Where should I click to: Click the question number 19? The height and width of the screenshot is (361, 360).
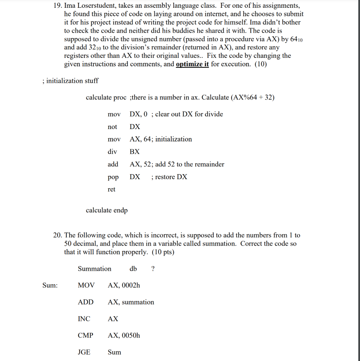pos(58,6)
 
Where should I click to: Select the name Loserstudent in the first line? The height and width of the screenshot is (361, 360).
pos(97,6)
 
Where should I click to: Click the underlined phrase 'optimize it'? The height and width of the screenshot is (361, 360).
pos(192,64)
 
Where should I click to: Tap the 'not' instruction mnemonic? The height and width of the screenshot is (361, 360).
pos(112,127)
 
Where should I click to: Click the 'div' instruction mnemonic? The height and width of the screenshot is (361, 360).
pos(112,152)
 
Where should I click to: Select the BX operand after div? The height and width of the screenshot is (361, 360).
pos(134,152)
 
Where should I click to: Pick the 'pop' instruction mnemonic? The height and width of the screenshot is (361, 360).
pos(113,177)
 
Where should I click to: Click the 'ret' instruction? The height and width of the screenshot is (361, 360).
pos(111,189)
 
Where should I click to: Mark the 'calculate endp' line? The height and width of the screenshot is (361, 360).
pos(107,210)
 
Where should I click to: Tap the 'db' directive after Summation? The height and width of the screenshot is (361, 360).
pos(133,269)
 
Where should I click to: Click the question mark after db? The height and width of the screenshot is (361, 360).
pos(152,269)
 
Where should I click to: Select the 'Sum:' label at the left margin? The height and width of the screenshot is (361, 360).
pos(50,286)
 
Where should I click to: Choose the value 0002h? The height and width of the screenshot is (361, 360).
pos(131,286)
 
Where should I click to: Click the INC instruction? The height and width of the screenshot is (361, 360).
pos(84,319)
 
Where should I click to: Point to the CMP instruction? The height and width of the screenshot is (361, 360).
pos(85,335)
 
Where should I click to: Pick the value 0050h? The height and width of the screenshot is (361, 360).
pos(131,335)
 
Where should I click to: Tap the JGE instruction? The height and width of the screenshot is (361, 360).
pos(84,352)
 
